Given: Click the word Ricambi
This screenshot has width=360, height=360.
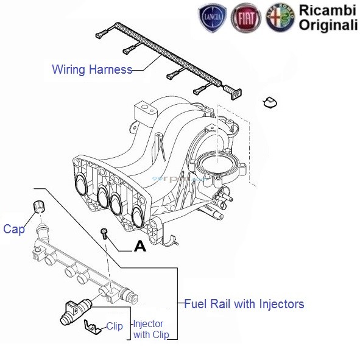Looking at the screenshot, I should [x=326, y=10].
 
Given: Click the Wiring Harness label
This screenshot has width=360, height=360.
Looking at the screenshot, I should [x=92, y=69].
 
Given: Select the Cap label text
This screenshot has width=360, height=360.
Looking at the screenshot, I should [x=13, y=229].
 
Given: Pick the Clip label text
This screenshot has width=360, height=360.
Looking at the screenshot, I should [x=115, y=326].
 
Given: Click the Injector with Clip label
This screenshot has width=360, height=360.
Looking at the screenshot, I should [x=148, y=329].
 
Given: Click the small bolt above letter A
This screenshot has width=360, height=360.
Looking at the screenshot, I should [x=105, y=233].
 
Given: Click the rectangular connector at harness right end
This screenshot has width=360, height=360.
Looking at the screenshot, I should [x=236, y=93].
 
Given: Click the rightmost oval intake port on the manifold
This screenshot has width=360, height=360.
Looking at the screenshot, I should [x=139, y=217].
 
